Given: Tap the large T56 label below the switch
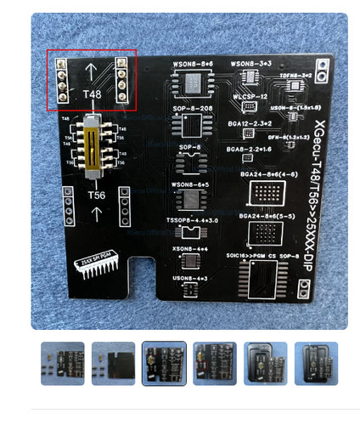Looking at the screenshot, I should point(96,195).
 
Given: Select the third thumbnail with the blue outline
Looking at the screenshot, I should point(164,363).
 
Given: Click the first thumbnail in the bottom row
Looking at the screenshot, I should point(62,363).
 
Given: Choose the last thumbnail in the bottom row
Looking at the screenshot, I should point(316,363).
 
